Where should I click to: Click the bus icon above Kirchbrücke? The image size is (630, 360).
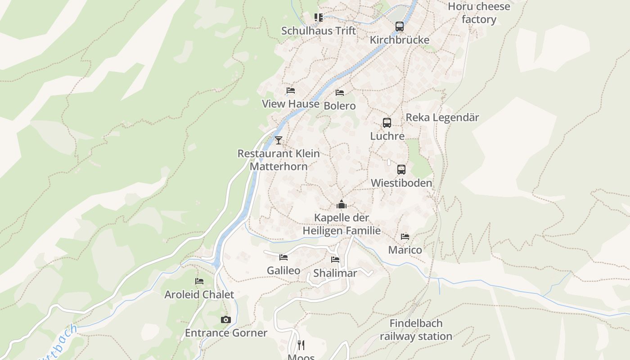point(399,27)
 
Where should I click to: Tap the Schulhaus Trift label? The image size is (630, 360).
point(319,31)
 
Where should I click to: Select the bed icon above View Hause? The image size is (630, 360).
point(291,90)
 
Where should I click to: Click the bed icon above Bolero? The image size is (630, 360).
point(340,93)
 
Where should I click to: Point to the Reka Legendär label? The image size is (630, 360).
point(442,117)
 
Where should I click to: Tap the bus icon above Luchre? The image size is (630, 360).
point(387,123)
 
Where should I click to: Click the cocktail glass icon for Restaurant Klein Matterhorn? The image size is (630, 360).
point(279,140)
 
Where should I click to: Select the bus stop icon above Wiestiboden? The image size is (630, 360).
point(401,170)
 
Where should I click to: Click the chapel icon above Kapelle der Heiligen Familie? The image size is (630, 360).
point(342,205)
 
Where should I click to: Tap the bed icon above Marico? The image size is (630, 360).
point(405,237)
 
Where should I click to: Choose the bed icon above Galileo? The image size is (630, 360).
point(283,257)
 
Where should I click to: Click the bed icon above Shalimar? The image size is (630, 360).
point(335,260)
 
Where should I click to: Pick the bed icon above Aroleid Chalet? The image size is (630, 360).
point(199,281)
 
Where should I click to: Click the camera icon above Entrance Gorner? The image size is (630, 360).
point(226,320)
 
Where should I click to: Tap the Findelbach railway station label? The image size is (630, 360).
point(416,330)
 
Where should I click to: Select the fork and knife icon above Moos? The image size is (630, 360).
point(301,345)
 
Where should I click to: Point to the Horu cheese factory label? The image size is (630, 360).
point(479,13)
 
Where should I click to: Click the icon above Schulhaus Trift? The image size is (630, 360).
point(319,18)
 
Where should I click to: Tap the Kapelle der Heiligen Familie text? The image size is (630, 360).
point(342,224)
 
